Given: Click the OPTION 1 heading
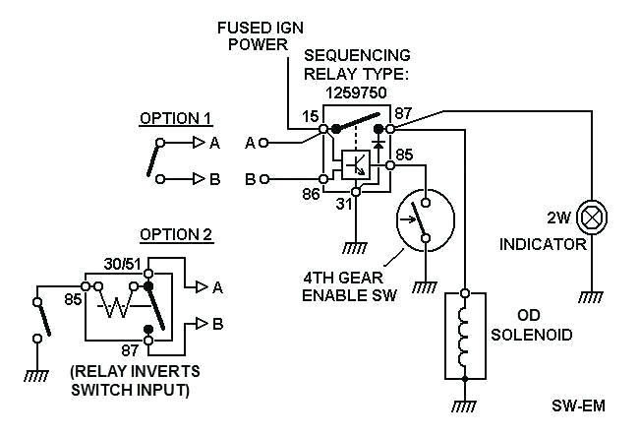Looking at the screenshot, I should pyautogui.click(x=176, y=117).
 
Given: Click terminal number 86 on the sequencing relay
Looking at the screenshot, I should pyautogui.click(x=311, y=195).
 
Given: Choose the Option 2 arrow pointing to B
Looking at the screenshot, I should pyautogui.click(x=202, y=323).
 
